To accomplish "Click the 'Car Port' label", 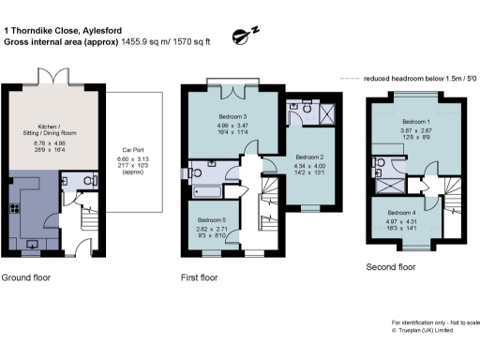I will [131, 148].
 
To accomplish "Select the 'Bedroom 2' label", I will [308, 157].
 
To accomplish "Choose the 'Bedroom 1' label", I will [414, 122].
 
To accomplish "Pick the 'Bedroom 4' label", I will [400, 212].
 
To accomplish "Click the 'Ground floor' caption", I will [25, 278].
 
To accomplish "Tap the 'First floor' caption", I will [199, 278].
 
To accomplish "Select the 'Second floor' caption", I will [391, 267].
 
